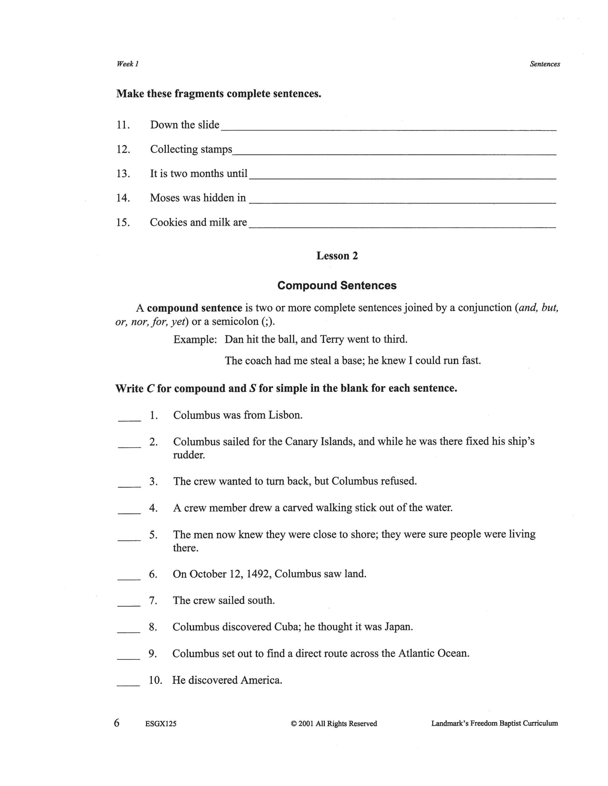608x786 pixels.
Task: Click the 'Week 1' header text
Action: tap(127, 64)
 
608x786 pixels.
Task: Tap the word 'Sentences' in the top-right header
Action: tap(545, 64)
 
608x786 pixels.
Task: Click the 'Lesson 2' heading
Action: tap(337, 256)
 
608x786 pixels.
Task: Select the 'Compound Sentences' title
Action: tap(337, 285)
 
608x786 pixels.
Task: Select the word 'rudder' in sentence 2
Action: tap(189, 455)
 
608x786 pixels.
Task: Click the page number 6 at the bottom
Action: tap(117, 723)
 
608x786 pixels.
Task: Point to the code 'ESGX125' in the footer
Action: tap(161, 724)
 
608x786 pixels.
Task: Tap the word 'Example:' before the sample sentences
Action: tap(195, 339)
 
